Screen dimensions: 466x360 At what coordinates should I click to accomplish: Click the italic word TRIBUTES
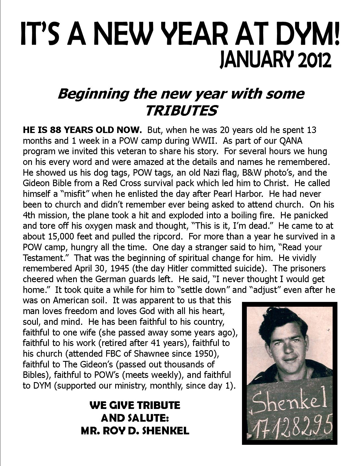tap(181, 110)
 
